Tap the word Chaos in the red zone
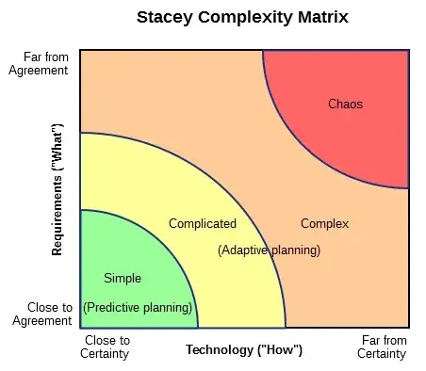coord(345,104)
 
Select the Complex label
coord(324,223)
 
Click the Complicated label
coord(202,223)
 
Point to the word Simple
coord(123,278)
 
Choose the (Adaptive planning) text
coord(269,250)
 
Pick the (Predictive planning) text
coord(138,308)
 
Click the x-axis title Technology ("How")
coord(243,350)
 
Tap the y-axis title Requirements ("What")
coord(57,189)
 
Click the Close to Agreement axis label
coord(42,314)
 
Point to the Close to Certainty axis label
coord(106,347)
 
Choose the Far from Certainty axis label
coord(382,347)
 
